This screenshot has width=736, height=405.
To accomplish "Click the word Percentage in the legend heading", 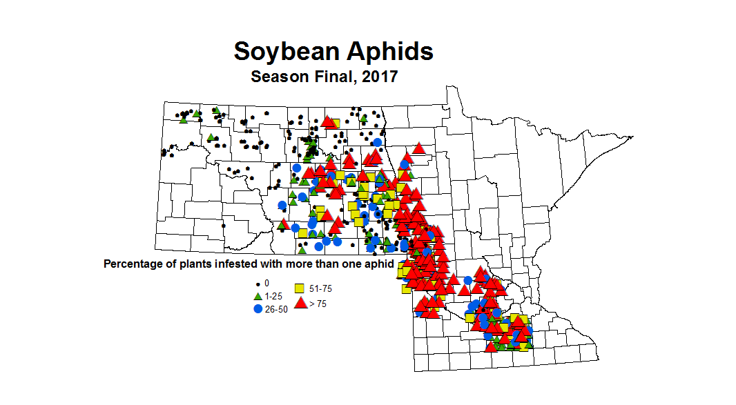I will [x=132, y=264].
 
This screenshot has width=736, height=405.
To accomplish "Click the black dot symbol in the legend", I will [x=258, y=284].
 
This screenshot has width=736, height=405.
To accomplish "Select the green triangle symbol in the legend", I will [x=258, y=296].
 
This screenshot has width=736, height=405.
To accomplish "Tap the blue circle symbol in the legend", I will [x=258, y=309].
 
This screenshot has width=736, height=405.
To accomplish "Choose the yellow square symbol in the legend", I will [x=300, y=289].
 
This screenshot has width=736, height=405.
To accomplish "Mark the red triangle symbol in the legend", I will [x=300, y=302].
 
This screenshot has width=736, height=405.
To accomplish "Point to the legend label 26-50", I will [x=276, y=310].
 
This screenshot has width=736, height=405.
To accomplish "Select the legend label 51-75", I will [x=321, y=289].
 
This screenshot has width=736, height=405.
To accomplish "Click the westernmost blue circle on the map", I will [x=282, y=205].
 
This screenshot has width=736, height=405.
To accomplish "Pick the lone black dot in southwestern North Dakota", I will [x=224, y=225].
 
